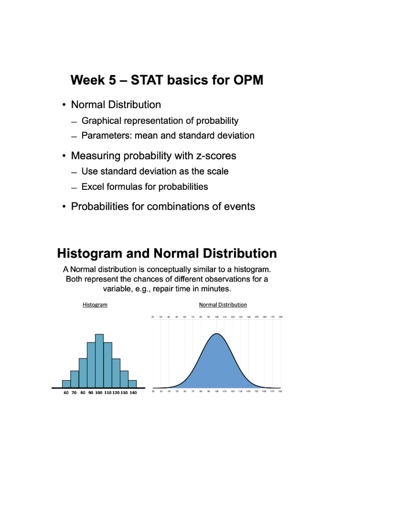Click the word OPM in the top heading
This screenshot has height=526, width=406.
tap(248, 80)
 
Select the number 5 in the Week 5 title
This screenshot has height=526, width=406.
tap(112, 80)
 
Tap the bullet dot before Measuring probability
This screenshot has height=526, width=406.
tap(64, 156)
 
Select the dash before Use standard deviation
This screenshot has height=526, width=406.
tap(74, 172)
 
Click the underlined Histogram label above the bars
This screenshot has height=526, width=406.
tap(95, 304)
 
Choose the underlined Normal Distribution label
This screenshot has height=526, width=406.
tap(223, 304)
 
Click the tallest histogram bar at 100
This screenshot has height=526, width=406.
tap(99, 361)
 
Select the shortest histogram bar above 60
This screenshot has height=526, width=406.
tap(66, 384)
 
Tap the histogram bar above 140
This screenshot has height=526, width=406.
tap(132, 384)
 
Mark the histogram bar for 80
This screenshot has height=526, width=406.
tap(83, 373)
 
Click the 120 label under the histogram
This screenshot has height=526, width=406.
tap(116, 393)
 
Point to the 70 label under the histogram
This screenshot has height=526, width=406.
tap(74, 393)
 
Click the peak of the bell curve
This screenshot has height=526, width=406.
tap(217, 334)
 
